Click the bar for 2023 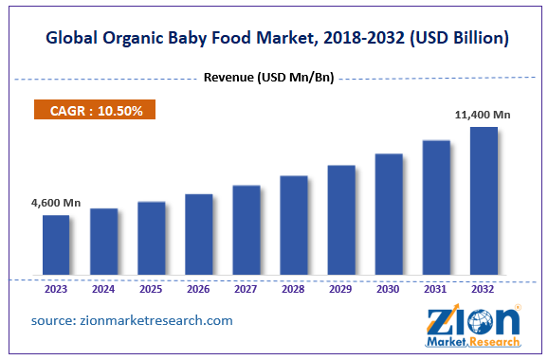point(56,246)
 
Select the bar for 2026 point(199,236)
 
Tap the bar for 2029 point(341,222)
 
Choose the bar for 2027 point(247,231)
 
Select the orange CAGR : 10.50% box point(95,111)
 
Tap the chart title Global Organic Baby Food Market point(273,39)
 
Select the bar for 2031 point(436,208)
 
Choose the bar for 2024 point(103,243)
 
